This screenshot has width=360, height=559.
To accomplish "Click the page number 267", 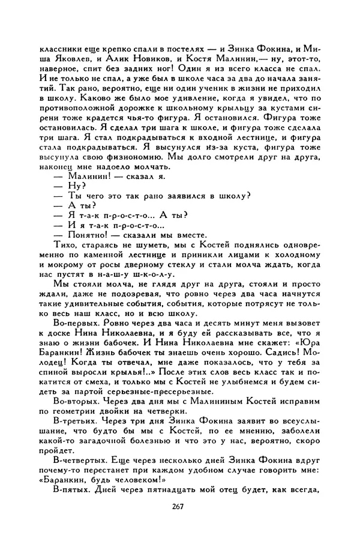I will click(x=176, y=506).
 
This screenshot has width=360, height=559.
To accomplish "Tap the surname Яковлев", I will click(x=76, y=59).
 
